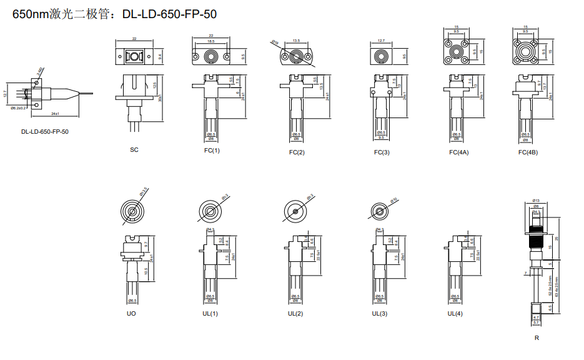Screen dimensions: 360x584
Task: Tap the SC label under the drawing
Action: [x=134, y=150]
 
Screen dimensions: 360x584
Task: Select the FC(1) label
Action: [x=212, y=151]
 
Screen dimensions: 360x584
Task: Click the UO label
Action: [x=131, y=314]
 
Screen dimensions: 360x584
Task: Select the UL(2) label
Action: [x=295, y=314]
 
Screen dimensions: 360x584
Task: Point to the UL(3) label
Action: [x=380, y=314]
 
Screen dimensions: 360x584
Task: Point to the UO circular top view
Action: [x=132, y=211]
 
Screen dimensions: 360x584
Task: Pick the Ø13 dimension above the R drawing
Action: [x=536, y=201]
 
